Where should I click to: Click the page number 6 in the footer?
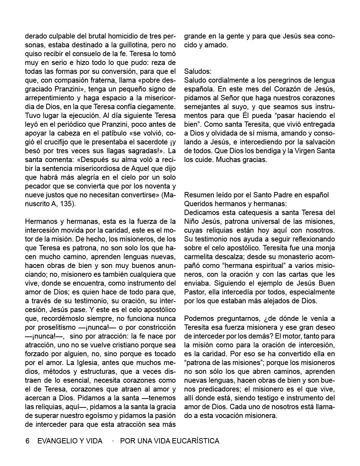(x=27, y=441)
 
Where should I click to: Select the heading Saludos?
(x=198, y=72)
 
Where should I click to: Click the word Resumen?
(x=198, y=195)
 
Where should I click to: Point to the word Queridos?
(x=198, y=204)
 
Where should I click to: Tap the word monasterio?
(x=295, y=257)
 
